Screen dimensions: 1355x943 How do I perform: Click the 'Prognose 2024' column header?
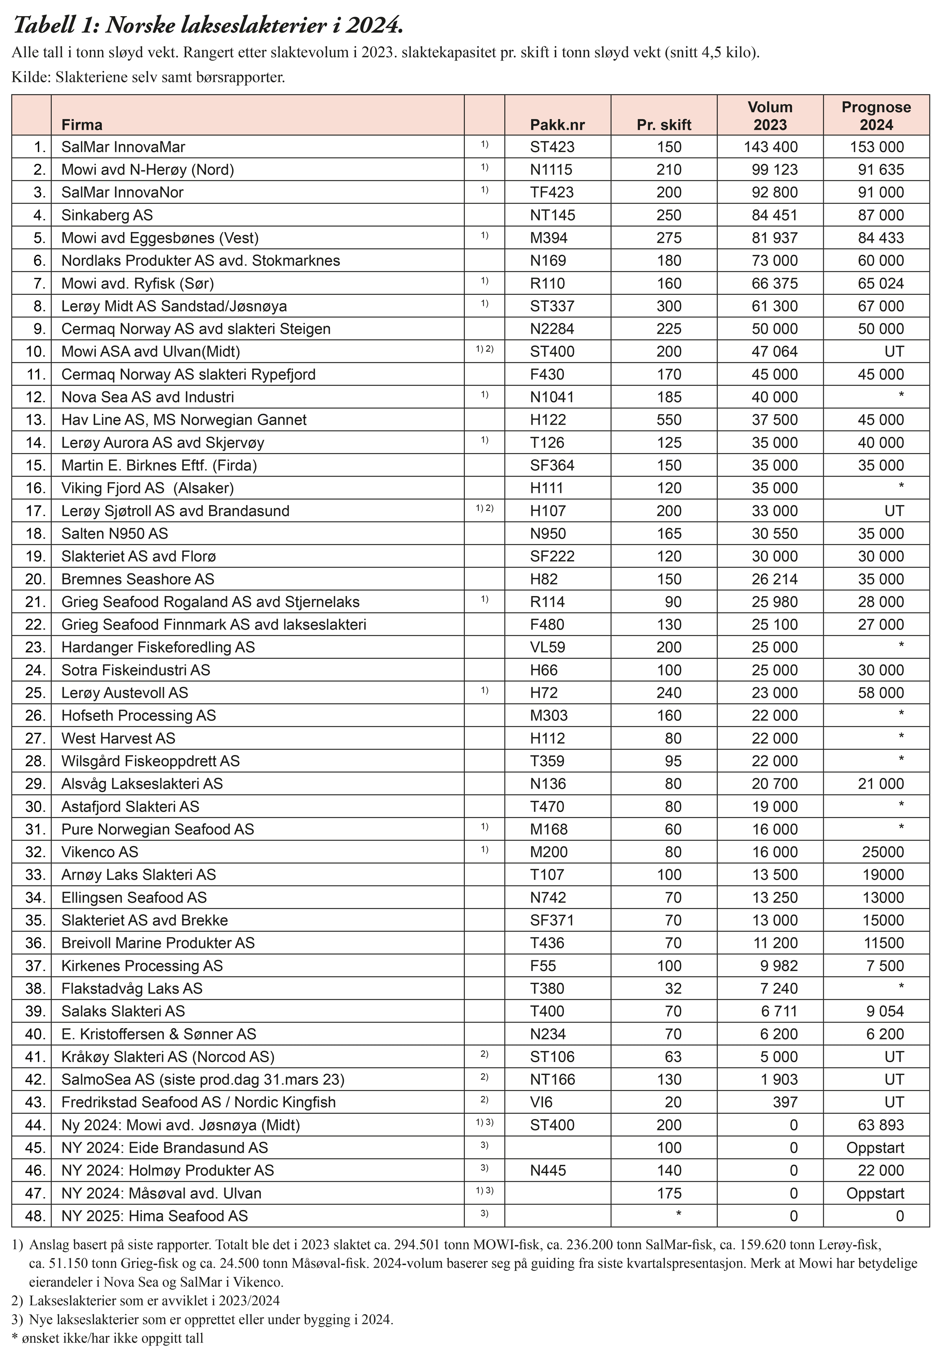coord(876,116)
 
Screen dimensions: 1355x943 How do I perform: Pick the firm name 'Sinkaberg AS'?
coord(107,216)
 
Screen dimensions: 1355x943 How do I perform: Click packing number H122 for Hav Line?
coord(547,420)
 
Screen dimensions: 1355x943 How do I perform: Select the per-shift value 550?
coord(669,420)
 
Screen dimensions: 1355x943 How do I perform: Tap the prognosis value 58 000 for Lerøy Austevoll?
coord(881,693)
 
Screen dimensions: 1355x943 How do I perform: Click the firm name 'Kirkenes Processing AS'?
coord(142,966)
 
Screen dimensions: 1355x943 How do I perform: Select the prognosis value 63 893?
coord(881,1125)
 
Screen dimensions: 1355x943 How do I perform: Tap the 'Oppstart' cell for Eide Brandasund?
coord(875,1147)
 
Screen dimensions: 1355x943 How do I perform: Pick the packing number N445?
coord(547,1170)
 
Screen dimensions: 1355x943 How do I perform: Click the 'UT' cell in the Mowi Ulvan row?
coord(894,352)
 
